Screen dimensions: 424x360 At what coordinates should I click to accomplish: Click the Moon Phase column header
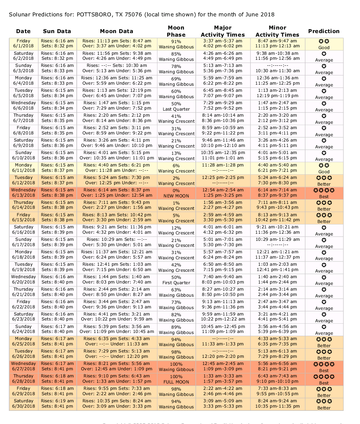tap(176, 31)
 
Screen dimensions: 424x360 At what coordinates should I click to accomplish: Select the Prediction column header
tap(324, 31)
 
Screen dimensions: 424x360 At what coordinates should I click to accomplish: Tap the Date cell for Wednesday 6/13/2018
tap(23, 192)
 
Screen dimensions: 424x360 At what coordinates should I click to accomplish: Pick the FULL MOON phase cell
tap(176, 379)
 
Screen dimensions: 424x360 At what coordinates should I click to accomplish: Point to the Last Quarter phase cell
tap(176, 106)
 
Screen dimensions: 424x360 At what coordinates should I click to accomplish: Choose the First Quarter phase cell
tap(176, 280)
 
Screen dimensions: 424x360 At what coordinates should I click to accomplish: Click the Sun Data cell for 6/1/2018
tap(57, 43)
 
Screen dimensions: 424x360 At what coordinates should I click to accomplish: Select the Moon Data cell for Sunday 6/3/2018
tap(117, 68)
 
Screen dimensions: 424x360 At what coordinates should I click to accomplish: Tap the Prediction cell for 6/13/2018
tap(324, 193)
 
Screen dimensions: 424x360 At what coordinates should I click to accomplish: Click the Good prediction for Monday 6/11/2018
tap(324, 168)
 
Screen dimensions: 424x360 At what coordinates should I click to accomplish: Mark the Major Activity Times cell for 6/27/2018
tap(223, 366)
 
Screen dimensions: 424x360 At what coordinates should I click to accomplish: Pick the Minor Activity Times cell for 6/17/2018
tap(278, 242)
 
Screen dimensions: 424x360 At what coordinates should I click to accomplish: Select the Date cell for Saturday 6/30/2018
tap(23, 404)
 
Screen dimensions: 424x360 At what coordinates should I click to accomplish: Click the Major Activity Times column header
tap(223, 31)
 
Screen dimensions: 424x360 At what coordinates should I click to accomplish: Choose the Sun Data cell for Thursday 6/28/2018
tap(57, 379)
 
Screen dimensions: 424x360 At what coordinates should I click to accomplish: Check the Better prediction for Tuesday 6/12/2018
tap(324, 180)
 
